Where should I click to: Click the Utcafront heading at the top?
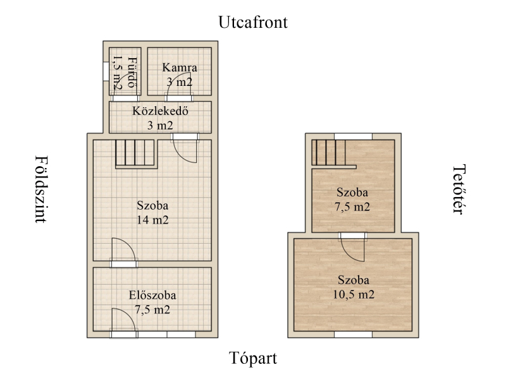[252, 22]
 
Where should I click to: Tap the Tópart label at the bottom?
[252, 358]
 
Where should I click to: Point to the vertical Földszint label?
[41, 189]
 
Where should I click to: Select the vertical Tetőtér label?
[459, 189]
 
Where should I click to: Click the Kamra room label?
[180, 68]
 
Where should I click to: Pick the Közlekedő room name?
[161, 111]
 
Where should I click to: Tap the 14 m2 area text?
[152, 220]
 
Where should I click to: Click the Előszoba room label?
[152, 295]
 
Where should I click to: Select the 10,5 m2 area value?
[354, 294]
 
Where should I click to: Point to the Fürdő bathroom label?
[132, 72]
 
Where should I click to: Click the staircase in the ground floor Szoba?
[136, 153]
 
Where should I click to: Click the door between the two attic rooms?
[353, 247]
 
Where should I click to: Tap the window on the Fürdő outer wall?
[105, 71]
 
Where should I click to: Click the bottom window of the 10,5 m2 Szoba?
[353, 335]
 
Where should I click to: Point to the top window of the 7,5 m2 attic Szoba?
[353, 136]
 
